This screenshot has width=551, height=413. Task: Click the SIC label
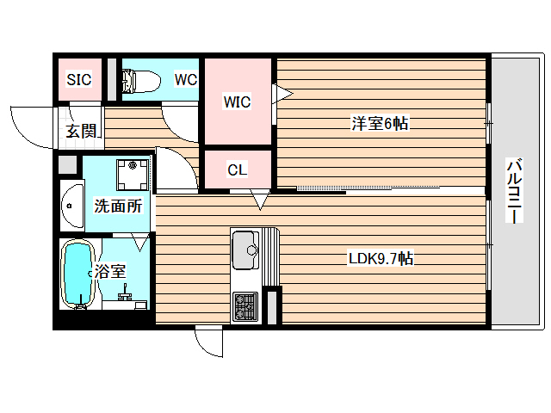click(79, 80)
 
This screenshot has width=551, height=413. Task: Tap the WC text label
click(185, 80)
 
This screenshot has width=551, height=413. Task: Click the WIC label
click(237, 102)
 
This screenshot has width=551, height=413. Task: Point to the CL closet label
click(238, 170)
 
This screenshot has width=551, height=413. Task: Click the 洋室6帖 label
click(379, 124)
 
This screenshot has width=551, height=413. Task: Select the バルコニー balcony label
click(513, 191)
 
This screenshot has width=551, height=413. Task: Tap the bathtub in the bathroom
click(78, 274)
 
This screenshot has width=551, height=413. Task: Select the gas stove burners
click(245, 305)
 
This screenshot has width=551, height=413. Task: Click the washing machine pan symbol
click(133, 175)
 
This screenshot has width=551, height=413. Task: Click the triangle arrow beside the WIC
click(283, 93)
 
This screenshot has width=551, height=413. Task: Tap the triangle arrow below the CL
click(261, 202)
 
